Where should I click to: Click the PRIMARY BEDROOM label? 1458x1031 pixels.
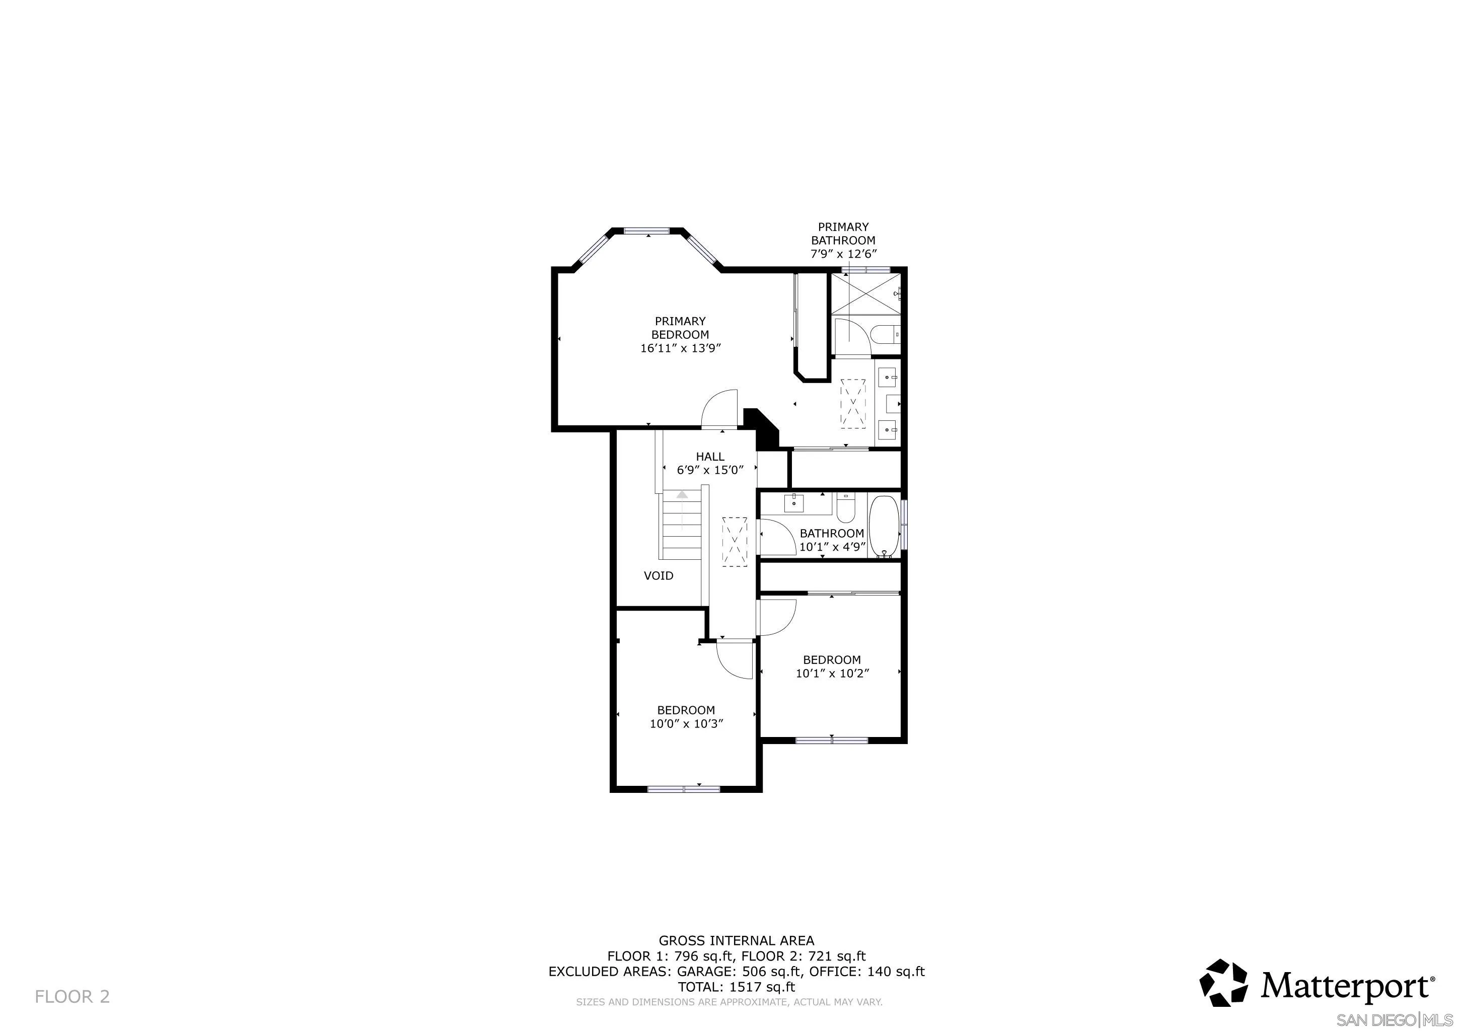[680, 328]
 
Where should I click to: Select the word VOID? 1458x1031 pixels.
[659, 576]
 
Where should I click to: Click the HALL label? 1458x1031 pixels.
[710, 457]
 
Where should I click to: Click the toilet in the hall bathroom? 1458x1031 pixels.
[846, 508]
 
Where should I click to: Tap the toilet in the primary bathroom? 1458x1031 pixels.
[885, 334]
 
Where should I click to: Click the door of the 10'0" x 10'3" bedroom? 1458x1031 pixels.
[734, 660]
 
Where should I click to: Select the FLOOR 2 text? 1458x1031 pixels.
[72, 997]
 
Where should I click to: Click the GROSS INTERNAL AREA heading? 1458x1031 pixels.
[736, 941]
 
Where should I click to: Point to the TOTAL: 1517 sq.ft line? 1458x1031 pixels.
[736, 987]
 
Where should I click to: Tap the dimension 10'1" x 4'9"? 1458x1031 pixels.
[832, 547]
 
